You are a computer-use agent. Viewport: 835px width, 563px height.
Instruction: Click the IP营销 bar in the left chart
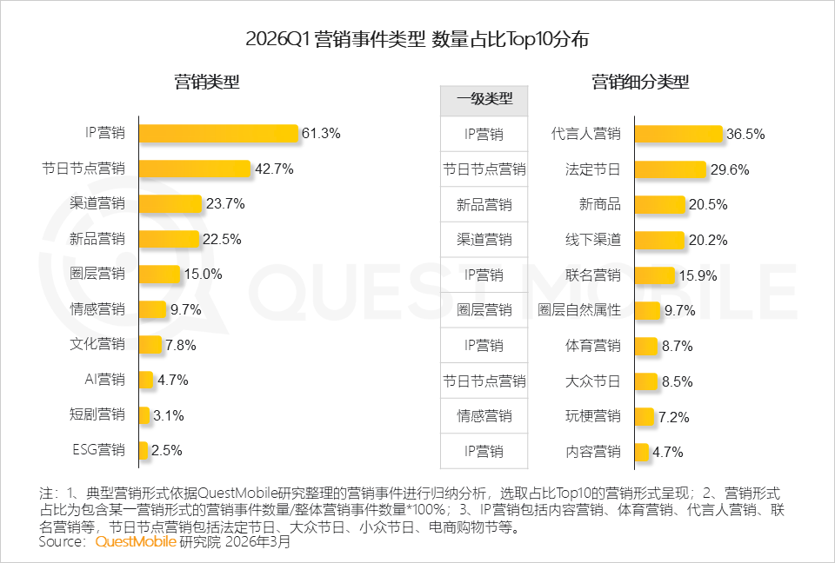[218, 134]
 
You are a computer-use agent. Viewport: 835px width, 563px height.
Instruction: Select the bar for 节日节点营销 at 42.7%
[194, 169]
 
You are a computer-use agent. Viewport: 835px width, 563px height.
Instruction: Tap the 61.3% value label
[320, 134]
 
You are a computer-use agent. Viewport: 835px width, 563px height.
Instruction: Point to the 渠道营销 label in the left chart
[97, 204]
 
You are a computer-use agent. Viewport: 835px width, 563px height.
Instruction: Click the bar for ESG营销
[144, 450]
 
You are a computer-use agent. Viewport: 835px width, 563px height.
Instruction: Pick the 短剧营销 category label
[97, 415]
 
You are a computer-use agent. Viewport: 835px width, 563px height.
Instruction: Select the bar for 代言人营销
[678, 134]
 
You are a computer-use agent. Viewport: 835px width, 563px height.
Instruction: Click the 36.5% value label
[745, 134]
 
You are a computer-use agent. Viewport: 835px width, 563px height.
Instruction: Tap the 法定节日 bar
[670, 169]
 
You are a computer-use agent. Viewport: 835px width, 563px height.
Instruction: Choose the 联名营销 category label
[592, 275]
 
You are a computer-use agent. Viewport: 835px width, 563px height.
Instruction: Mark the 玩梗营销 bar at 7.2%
[644, 416]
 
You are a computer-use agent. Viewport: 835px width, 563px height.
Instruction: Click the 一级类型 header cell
[484, 99]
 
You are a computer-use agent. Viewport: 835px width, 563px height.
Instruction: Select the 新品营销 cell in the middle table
[484, 205]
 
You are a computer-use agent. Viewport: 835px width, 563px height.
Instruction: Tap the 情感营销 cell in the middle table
[484, 416]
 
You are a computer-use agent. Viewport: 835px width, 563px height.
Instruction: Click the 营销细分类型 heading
[640, 83]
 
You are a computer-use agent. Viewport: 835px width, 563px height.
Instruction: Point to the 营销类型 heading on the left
[207, 83]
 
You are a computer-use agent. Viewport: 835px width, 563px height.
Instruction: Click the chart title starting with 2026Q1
[417, 39]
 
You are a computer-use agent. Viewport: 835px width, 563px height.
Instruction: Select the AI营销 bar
[146, 380]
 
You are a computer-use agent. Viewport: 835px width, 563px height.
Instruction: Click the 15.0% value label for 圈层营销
[203, 275]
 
